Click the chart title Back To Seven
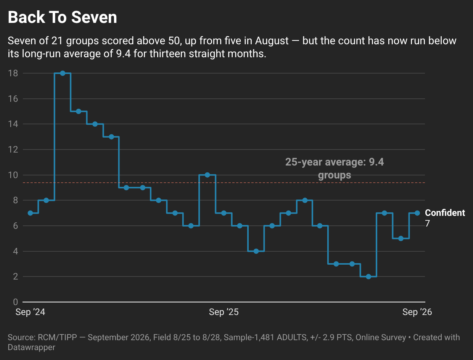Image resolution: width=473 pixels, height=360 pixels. click(62, 17)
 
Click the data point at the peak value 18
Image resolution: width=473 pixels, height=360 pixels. click(63, 73)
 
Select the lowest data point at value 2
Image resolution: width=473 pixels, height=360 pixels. click(368, 276)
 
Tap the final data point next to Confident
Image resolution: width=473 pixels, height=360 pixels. click(417, 213)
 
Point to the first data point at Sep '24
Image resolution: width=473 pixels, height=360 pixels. click(31, 213)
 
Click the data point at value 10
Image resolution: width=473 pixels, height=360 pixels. click(207, 175)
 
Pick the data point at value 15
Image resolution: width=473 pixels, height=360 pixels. click(79, 111)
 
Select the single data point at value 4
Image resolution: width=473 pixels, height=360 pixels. click(256, 251)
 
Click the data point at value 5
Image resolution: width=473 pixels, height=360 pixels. click(401, 238)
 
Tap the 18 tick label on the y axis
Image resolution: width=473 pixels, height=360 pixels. click(13, 73)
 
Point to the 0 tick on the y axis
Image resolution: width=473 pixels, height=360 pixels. click(15, 302)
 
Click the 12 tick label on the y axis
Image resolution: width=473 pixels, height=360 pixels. click(13, 149)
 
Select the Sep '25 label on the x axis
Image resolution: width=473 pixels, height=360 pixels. click(224, 312)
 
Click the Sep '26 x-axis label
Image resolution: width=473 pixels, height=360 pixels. click(417, 312)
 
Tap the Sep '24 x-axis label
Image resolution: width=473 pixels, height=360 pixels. click(31, 312)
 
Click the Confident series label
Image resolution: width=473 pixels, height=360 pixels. click(445, 213)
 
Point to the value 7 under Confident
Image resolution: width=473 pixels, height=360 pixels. click(427, 223)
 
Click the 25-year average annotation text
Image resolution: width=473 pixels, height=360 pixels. click(335, 169)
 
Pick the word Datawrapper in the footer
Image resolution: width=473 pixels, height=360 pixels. click(31, 347)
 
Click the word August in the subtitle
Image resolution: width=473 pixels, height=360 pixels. click(272, 41)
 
